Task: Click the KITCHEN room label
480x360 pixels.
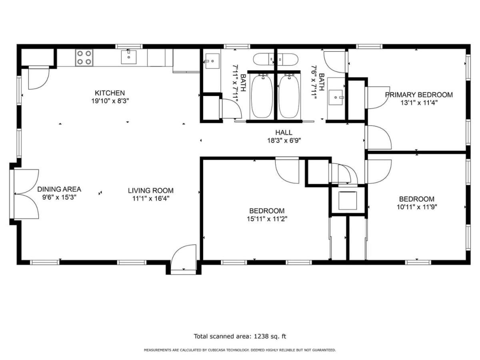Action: click(x=110, y=93)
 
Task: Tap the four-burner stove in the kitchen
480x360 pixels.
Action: click(x=84, y=58)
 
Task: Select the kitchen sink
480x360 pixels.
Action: click(x=128, y=57)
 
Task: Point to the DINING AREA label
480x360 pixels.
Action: click(x=59, y=189)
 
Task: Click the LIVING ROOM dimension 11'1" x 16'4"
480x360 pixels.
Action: click(x=151, y=199)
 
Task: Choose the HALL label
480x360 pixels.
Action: click(x=284, y=132)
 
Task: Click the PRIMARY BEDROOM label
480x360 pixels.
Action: click(x=418, y=95)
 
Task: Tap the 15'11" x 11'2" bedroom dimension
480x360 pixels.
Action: click(x=267, y=219)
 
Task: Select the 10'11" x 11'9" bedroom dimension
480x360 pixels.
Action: click(x=417, y=207)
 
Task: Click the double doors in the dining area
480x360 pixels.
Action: click(x=26, y=194)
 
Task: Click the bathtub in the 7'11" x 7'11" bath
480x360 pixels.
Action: click(x=262, y=96)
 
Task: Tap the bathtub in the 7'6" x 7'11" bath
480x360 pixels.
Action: click(x=289, y=96)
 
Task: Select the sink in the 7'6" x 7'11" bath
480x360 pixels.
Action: click(x=336, y=97)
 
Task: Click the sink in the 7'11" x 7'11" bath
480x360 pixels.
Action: click(x=212, y=61)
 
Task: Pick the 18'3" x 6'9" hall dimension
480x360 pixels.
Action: click(x=284, y=140)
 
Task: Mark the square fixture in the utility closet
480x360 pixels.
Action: click(x=348, y=200)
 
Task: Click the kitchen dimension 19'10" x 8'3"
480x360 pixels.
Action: click(x=110, y=101)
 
